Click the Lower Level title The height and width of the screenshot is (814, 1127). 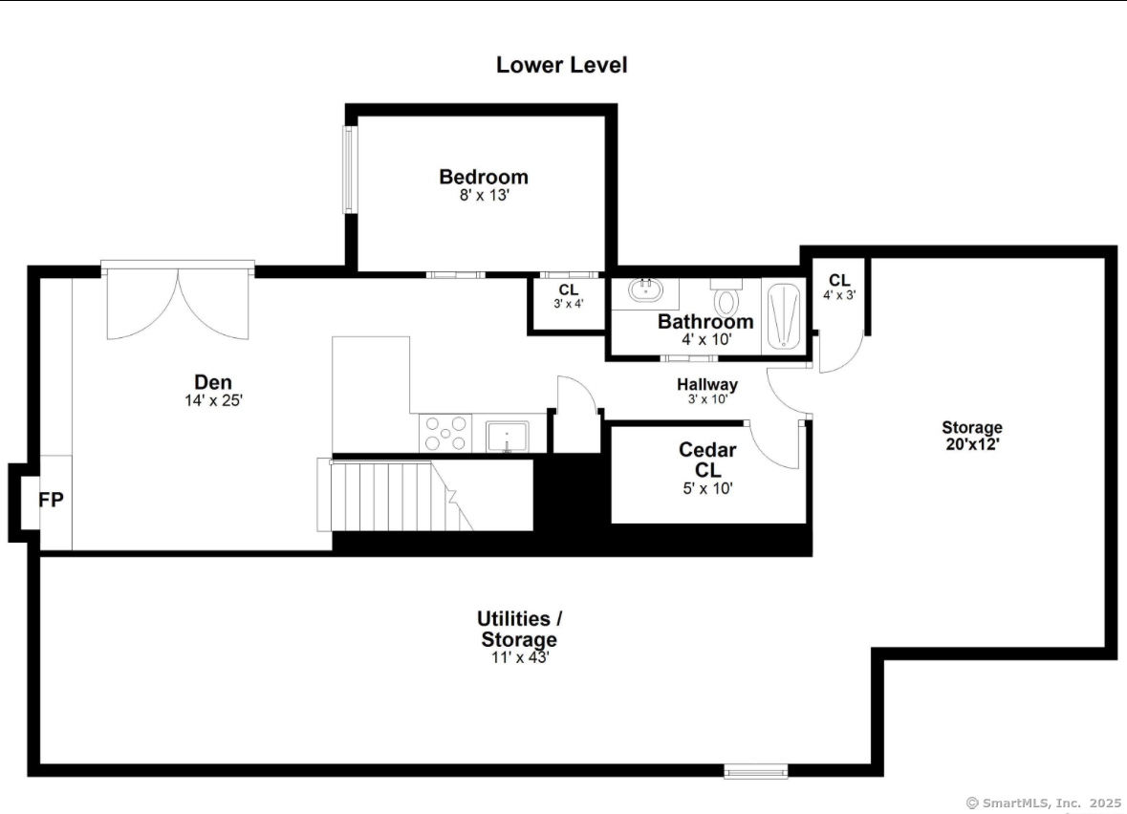click(x=561, y=65)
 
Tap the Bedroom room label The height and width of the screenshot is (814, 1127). click(x=483, y=177)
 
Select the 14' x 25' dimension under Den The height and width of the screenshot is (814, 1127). click(x=213, y=401)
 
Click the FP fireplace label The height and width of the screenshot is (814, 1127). click(x=52, y=500)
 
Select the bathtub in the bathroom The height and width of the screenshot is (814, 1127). click(x=785, y=316)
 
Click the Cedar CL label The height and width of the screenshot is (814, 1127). click(x=707, y=460)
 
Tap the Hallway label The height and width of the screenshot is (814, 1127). click(x=707, y=384)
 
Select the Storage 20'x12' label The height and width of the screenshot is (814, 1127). click(x=971, y=435)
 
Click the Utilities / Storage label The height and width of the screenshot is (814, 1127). click(x=519, y=629)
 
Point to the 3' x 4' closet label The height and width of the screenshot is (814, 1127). click(x=568, y=303)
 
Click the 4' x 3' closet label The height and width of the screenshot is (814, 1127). click(x=838, y=294)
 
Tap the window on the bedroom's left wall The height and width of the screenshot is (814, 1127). click(x=349, y=169)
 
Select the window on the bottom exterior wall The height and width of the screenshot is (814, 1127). click(x=755, y=771)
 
